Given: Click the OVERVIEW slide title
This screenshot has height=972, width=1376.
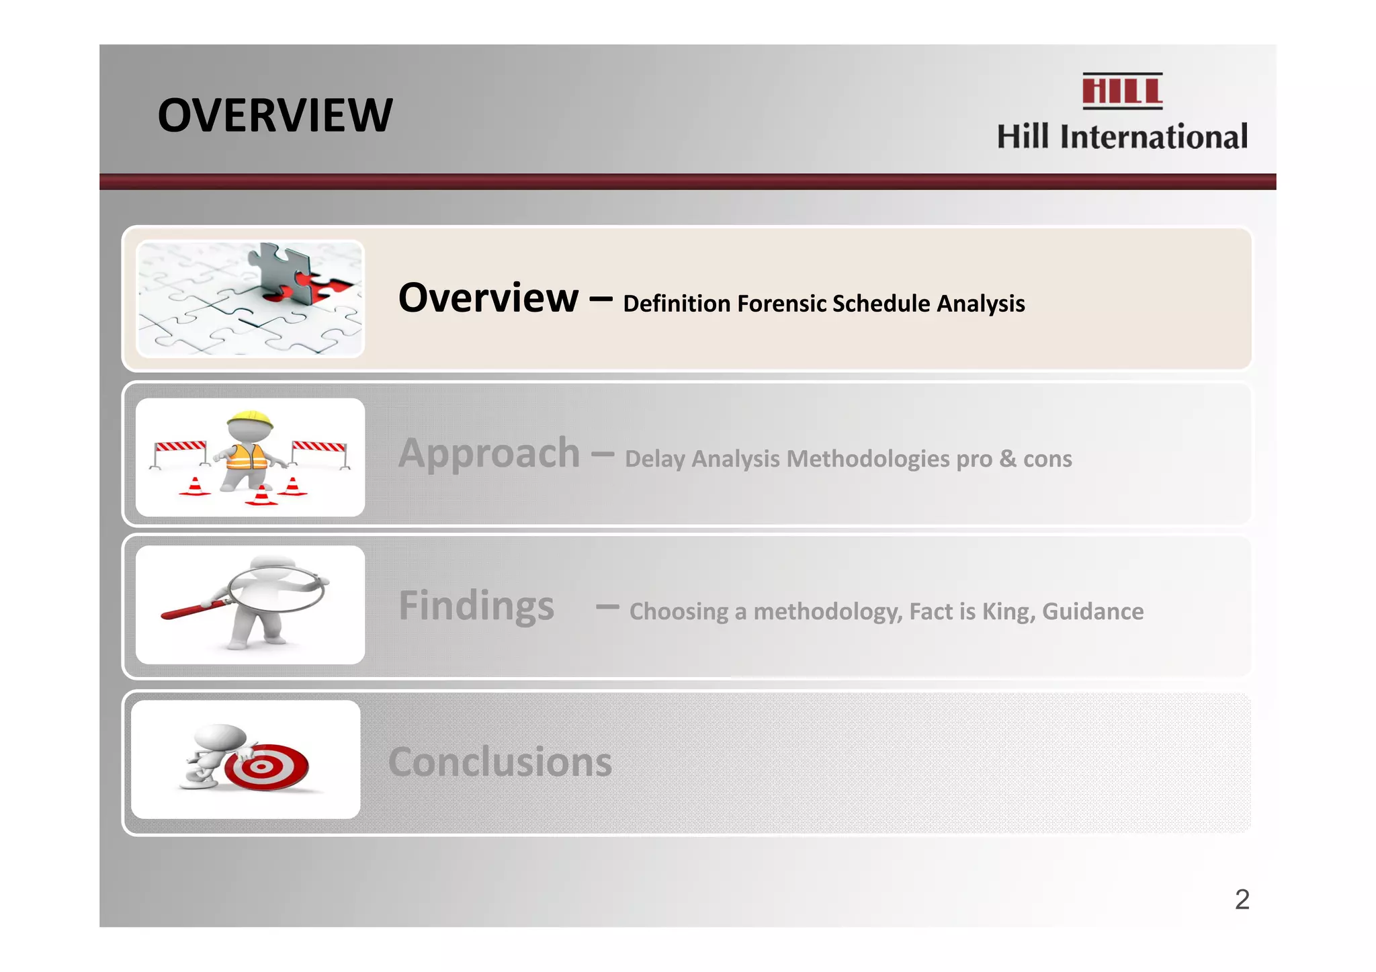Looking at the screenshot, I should (x=275, y=116).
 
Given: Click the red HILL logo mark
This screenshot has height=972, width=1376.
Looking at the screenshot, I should (x=1121, y=91).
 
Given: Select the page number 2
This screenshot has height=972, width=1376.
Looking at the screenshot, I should (x=1242, y=899).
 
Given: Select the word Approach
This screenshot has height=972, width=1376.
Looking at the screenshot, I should (x=488, y=453).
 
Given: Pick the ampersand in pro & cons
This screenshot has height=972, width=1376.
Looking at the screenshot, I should (x=1007, y=459).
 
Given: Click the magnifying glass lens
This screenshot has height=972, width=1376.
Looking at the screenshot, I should (x=277, y=589).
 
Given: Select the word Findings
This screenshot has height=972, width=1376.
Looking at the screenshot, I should (x=476, y=605).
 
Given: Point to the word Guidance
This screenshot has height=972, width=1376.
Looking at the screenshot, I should (x=1092, y=611).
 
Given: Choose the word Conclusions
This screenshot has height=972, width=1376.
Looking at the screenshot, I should (x=500, y=762).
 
